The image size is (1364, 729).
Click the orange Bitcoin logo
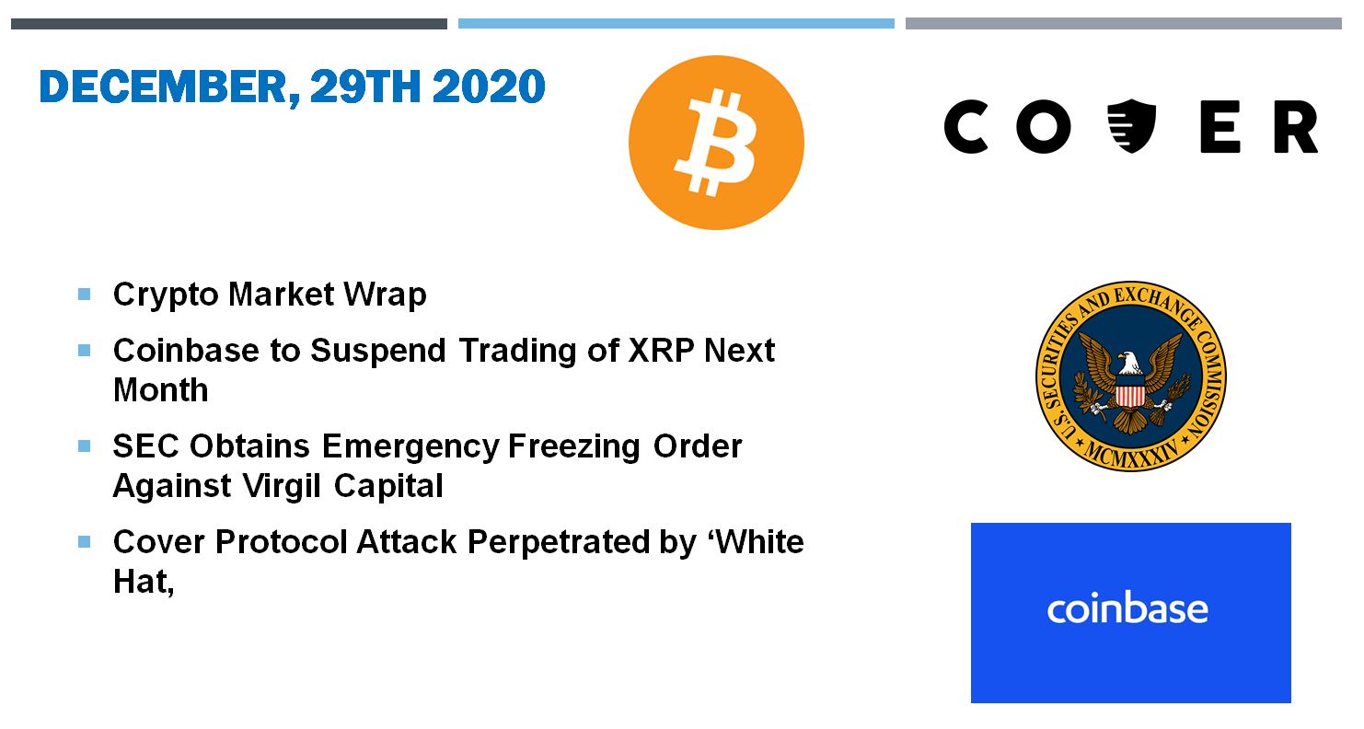(716, 143)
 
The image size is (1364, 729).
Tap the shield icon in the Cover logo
(1131, 125)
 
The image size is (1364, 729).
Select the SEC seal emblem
(1131, 376)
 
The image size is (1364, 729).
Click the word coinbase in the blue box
(1127, 607)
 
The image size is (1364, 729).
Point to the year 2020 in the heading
(489, 87)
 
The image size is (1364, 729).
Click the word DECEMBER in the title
(163, 87)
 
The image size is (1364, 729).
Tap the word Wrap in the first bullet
(385, 295)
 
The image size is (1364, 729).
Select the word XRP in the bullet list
(661, 350)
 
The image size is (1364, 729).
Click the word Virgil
(282, 486)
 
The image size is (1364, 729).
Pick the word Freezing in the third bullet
(573, 446)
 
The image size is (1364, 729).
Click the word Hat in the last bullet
(144, 581)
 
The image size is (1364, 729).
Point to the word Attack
(406, 542)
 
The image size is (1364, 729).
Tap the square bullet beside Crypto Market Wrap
(85, 295)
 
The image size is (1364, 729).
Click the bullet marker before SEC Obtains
(85, 446)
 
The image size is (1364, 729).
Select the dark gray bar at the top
(229, 24)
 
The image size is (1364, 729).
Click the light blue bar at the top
(676, 23)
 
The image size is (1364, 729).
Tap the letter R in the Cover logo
(1296, 127)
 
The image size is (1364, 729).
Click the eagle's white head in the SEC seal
(1127, 363)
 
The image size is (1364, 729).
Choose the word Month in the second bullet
(161, 389)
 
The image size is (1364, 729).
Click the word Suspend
(378, 352)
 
